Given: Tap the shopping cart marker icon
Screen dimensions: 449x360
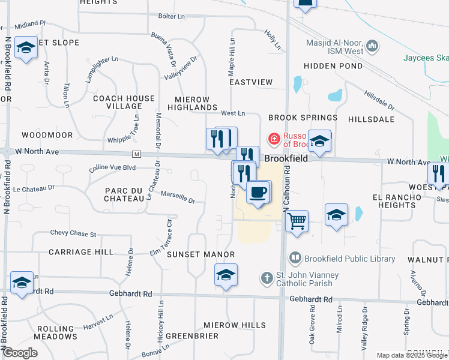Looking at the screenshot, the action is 297,223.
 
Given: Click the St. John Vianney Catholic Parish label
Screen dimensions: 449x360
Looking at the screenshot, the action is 307,279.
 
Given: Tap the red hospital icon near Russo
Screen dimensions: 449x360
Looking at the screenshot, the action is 274,139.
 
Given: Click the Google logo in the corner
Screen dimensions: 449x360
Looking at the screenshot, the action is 20,352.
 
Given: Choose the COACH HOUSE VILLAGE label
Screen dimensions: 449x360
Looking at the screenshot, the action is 124,102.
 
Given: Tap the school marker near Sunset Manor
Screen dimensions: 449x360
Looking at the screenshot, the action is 226,276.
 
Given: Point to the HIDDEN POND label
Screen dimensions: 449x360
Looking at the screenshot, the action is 333,66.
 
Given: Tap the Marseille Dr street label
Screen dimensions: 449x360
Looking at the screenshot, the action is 178,197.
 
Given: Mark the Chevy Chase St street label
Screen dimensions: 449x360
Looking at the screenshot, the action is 73,233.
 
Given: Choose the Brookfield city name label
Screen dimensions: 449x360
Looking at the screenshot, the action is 286,158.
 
